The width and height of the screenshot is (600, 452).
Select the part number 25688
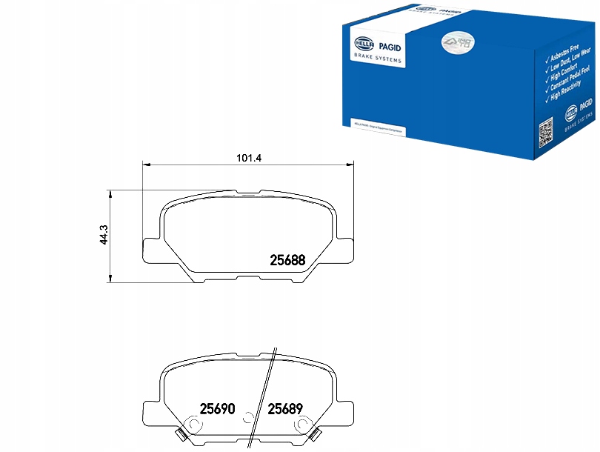[287, 259]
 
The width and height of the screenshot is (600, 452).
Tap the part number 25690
[218, 408]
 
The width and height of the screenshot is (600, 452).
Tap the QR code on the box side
[546, 134]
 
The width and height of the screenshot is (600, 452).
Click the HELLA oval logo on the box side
[571, 113]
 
